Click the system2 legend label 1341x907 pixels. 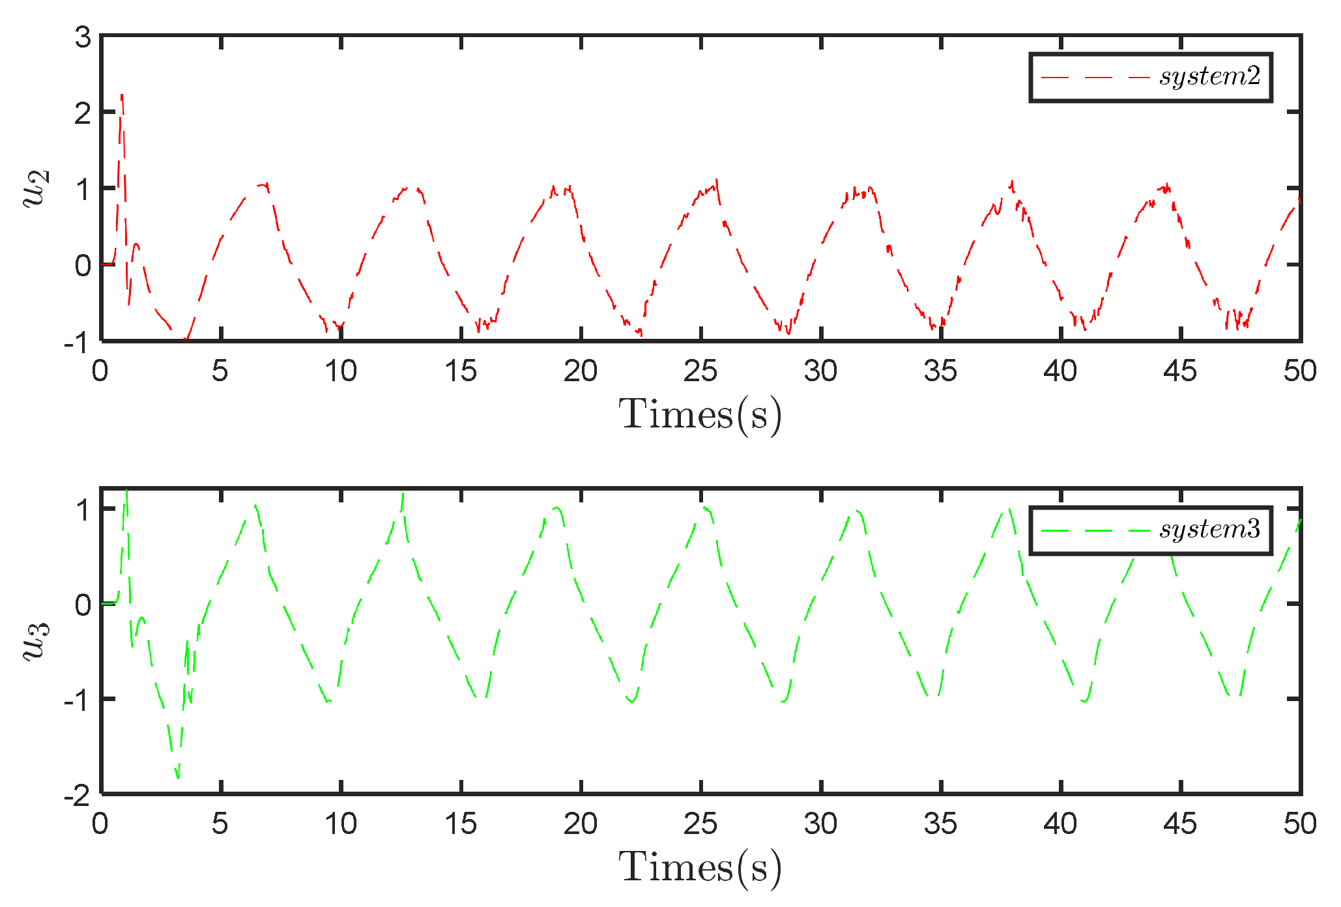coord(1209,77)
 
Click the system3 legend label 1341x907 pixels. coord(1209,530)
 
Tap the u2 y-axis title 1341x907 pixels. coord(36,188)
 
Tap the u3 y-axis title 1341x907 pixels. coord(36,641)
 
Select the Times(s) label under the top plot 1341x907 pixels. coord(700,414)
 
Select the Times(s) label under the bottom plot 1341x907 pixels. coord(700,867)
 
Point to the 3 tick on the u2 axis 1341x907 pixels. coord(83,38)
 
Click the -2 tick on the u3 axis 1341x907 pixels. coord(78,796)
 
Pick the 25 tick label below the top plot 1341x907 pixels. coord(700,371)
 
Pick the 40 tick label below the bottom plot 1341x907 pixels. coord(1060,824)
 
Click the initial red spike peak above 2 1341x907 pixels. coord(122,96)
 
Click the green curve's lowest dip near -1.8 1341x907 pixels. coord(177,777)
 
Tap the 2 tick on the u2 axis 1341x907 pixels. coord(83,114)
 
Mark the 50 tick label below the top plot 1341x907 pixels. coord(1300,371)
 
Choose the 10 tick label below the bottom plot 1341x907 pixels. coord(340,824)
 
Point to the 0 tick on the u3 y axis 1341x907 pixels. coord(83,605)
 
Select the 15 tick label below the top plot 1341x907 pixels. coord(461,371)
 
